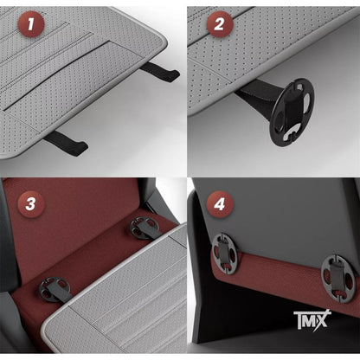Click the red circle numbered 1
[31, 24]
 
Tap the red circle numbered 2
[220, 23]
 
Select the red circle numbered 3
[31, 203]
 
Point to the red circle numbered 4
[220, 204]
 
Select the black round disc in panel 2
[292, 112]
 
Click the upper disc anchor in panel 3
[144, 228]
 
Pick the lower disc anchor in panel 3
[55, 289]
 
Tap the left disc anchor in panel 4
[225, 254]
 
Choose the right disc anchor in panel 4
[339, 279]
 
